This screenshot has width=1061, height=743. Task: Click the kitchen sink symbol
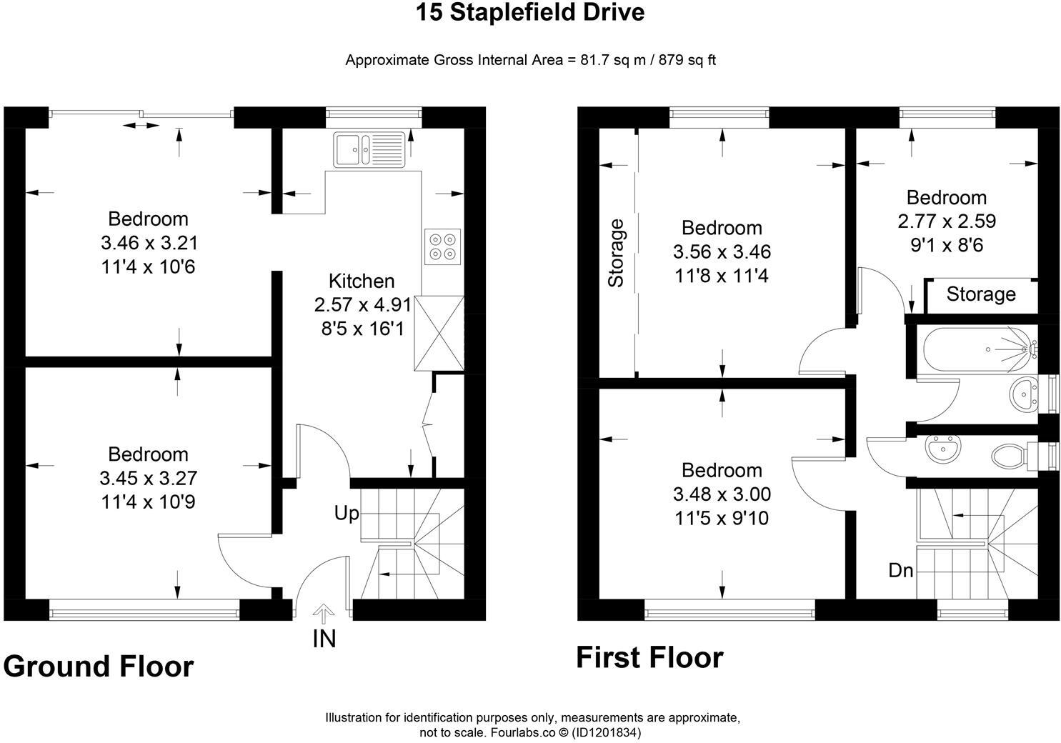point(369,149)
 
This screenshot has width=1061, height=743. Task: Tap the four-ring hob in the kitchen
point(442,246)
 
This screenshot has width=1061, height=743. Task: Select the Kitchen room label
point(362,281)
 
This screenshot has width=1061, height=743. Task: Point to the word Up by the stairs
point(347,513)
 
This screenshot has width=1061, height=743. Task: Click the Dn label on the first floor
point(901,570)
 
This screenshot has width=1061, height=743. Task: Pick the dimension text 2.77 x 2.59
point(947,221)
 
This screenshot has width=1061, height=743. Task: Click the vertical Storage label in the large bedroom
point(616,253)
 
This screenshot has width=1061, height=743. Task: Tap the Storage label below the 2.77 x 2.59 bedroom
point(981,294)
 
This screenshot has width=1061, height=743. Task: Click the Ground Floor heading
point(98,666)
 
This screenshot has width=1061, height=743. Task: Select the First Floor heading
point(649,657)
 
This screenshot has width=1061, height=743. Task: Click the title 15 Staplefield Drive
point(530,12)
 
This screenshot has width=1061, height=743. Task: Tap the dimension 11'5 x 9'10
point(722,518)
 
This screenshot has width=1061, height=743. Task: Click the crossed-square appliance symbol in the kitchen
point(438,334)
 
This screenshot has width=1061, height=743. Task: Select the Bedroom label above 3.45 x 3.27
point(148,454)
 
